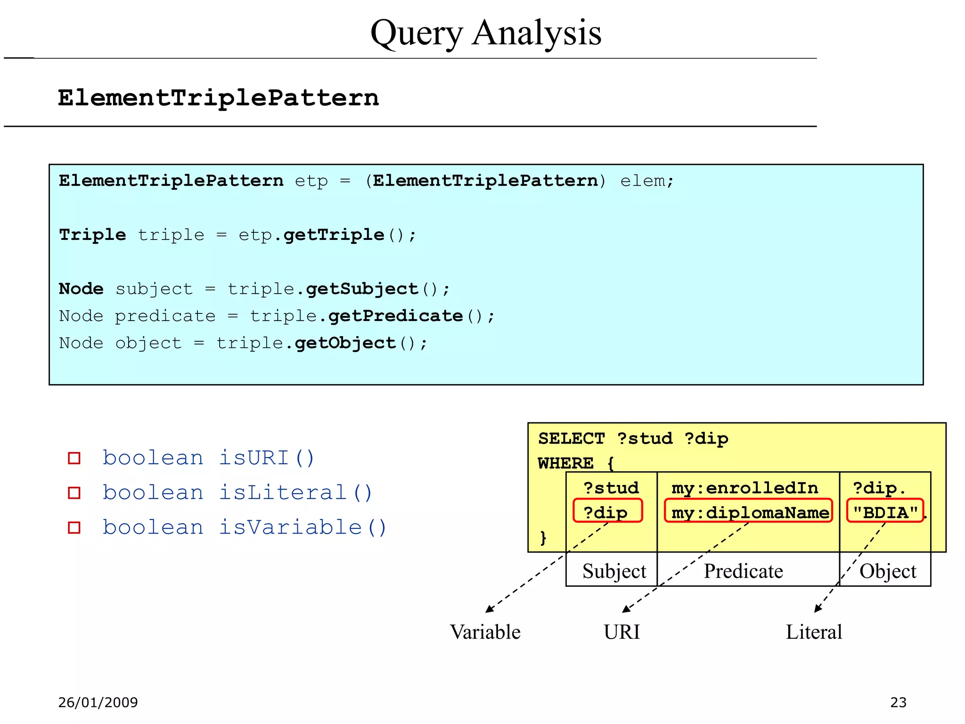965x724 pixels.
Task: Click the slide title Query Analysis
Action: [x=486, y=33]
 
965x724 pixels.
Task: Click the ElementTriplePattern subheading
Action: [x=218, y=98]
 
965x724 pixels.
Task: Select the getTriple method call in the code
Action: [x=334, y=235]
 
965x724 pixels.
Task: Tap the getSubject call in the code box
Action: [x=362, y=289]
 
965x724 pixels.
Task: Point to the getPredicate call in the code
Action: [x=395, y=316]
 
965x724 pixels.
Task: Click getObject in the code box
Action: [x=345, y=343]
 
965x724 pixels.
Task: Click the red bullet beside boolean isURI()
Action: [x=74, y=458]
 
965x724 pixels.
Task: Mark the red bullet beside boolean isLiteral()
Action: [x=74, y=493]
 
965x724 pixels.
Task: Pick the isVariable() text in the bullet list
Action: [x=303, y=527]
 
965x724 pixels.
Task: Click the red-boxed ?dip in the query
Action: [x=607, y=511]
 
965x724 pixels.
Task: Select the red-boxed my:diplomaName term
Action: [x=749, y=512]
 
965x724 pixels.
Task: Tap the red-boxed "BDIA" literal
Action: [x=885, y=511]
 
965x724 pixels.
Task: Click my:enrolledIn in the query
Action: [x=745, y=488]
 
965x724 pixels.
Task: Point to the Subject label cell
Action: [x=613, y=571]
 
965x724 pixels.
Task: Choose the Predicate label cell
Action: [x=743, y=571]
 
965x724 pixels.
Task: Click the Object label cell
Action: [x=888, y=571]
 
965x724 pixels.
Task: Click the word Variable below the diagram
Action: [x=485, y=632]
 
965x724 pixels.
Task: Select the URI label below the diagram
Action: [x=622, y=632]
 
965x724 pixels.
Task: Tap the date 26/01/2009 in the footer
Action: [x=98, y=702]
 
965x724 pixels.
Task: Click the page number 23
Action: [x=898, y=702]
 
